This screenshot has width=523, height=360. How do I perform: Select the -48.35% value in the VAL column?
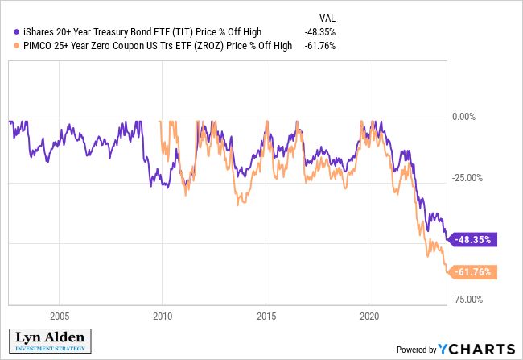coord(320,33)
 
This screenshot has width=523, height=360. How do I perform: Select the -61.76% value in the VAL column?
coord(320,46)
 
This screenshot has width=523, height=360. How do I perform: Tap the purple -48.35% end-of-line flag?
coord(476,239)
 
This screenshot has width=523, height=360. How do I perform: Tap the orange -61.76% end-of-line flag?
coord(476,272)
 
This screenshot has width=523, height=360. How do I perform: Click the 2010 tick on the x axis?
coord(163,316)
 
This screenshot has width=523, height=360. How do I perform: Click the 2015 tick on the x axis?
coord(266,316)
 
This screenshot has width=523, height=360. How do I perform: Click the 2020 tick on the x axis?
coord(369,316)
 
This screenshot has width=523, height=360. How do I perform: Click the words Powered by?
coord(415,350)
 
